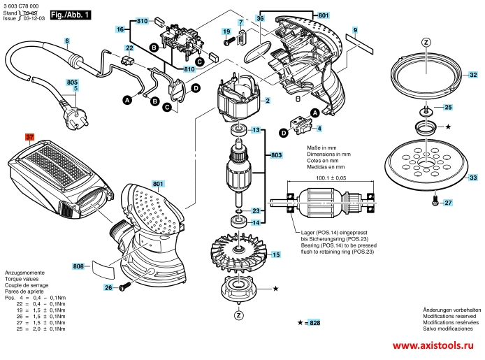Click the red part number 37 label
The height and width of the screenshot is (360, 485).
point(29,138)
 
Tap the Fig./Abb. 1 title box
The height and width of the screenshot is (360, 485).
point(71,13)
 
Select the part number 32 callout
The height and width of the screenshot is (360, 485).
point(473,75)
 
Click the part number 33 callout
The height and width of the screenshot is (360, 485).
point(473,178)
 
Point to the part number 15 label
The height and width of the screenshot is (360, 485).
point(276,256)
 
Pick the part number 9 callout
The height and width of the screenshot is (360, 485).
point(355,30)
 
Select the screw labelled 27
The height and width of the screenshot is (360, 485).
point(435,203)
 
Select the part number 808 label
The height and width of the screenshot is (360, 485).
point(78,266)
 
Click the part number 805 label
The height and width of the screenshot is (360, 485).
point(72,82)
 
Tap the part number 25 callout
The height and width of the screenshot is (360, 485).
point(449,108)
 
